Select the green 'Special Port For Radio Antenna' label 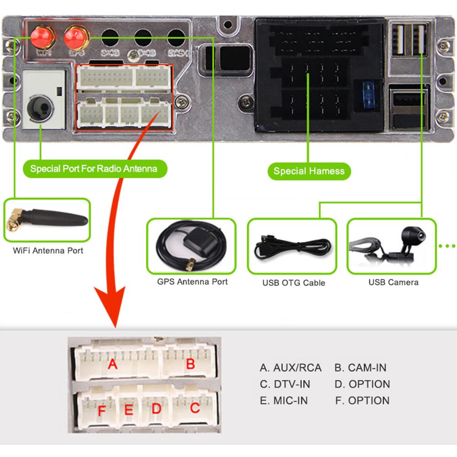pyautogui.click(x=94, y=169)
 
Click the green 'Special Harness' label pyautogui.click(x=308, y=171)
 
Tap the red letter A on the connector pyautogui.click(x=112, y=364)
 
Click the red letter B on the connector pyautogui.click(x=191, y=364)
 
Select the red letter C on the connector pyautogui.click(x=195, y=408)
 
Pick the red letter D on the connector pyautogui.click(x=157, y=409)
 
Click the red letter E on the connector pyautogui.click(x=129, y=410)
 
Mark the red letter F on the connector pyautogui.click(x=102, y=411)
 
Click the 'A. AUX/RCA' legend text pyautogui.click(x=291, y=368)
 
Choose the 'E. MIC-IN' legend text pyautogui.click(x=284, y=401)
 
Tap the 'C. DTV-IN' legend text pyautogui.click(x=285, y=384)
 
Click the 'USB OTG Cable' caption pyautogui.click(x=293, y=283)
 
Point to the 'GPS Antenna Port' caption pyautogui.click(x=192, y=282)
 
